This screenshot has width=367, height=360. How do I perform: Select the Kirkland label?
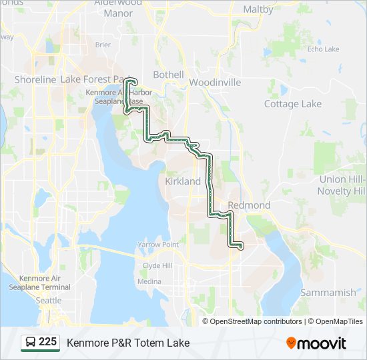coord(182,181)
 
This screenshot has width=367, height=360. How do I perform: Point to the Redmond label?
coord(249,205)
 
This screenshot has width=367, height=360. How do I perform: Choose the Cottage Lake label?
coord(292,104)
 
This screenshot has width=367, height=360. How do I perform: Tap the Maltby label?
coord(258,9)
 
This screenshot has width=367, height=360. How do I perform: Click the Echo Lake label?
coord(323,49)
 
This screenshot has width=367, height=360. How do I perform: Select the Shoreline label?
coord(35,79)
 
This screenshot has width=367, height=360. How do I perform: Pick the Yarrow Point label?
coord(158,245)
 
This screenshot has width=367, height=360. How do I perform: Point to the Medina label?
coord(149,281)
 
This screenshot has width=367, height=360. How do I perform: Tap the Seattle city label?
coord(48,301)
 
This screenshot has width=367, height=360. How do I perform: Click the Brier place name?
coord(103,45)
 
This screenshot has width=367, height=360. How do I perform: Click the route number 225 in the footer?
coord(47,342)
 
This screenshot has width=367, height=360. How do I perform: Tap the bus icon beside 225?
coord(31,343)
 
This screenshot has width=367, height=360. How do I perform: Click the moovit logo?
coord(316,343)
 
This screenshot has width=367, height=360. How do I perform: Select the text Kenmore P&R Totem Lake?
coord(128,343)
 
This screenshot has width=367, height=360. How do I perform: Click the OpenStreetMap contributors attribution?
coord(254,321)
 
